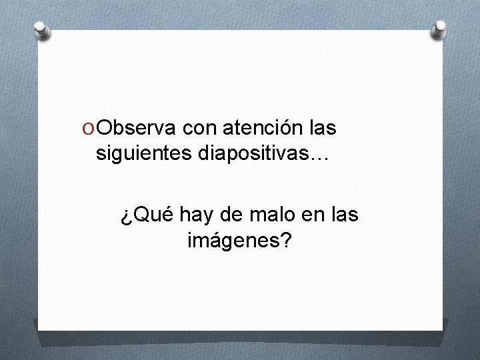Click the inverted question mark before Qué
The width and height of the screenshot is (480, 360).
pyautogui.click(x=126, y=216)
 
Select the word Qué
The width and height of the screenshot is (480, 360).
pyautogui.click(x=148, y=215)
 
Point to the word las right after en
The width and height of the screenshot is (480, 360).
pyautogui.click(x=345, y=215)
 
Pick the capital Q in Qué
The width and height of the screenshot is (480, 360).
pyautogui.click(x=138, y=215)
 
